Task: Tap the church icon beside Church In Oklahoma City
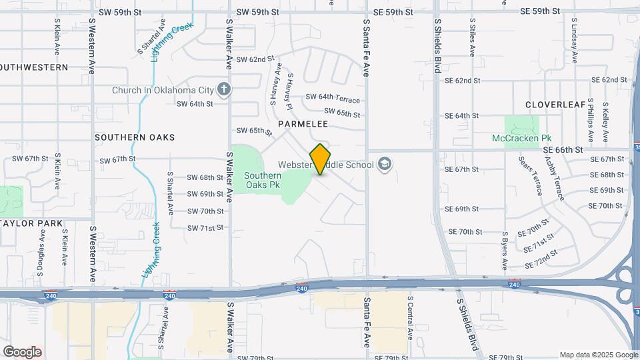click(x=225, y=89)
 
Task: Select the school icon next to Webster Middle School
click(x=384, y=163)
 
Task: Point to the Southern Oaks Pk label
click(x=262, y=180)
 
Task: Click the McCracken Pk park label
click(x=522, y=138)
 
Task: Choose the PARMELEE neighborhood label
click(x=303, y=124)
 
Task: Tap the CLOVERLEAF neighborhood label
click(x=555, y=105)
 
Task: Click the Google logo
click(x=22, y=351)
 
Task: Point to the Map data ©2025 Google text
click(x=598, y=355)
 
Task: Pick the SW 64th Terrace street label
click(x=333, y=98)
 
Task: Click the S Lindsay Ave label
click(x=574, y=37)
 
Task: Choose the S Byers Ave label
click(x=505, y=252)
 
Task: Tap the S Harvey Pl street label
click(x=288, y=88)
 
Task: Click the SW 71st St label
click(x=205, y=228)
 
